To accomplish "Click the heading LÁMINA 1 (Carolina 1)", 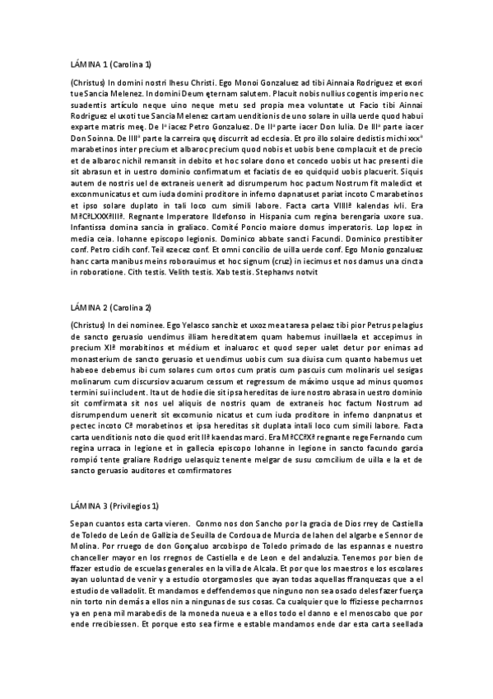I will point(111,63).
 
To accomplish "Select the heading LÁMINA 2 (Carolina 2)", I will point(111,307).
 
